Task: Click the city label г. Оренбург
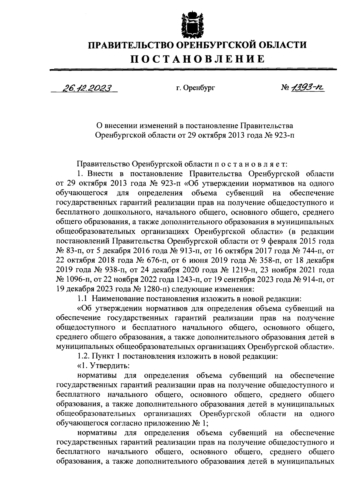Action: point(196,88)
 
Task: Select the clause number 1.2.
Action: point(83,356)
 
